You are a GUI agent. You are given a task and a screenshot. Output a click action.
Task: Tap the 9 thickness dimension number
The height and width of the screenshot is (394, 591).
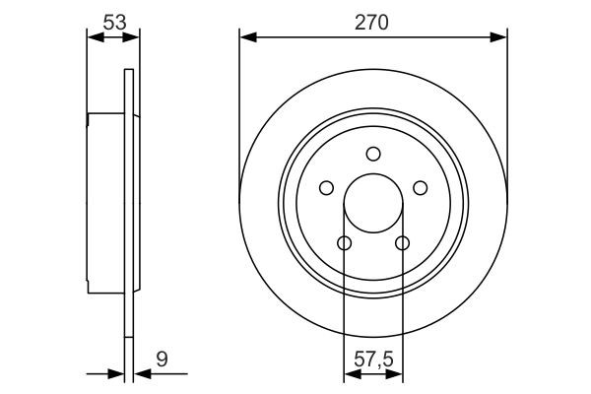click(161, 360)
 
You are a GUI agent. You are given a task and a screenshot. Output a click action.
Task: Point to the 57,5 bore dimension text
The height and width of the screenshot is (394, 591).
click(373, 360)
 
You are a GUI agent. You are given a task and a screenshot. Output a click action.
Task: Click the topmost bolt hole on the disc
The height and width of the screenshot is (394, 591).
click(372, 153)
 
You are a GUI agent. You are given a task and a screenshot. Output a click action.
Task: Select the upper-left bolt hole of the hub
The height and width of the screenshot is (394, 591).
click(325, 188)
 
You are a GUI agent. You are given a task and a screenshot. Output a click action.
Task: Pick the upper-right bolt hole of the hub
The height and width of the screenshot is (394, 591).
click(421, 188)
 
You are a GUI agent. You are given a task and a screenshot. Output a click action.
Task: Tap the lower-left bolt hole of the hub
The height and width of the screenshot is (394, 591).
click(344, 243)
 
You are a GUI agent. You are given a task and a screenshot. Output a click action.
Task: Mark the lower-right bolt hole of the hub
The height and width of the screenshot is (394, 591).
click(402, 243)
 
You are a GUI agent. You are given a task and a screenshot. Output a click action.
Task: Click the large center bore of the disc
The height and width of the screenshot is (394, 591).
click(372, 203)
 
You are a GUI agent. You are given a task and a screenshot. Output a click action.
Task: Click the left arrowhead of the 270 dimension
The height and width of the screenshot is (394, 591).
click(247, 37)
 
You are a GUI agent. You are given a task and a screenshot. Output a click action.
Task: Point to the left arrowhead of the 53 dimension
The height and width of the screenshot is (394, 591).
click(95, 37)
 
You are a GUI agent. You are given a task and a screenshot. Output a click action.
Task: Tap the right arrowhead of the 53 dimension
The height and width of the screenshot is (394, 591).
click(132, 37)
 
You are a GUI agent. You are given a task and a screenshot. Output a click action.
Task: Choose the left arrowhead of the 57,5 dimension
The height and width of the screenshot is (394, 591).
click(350, 374)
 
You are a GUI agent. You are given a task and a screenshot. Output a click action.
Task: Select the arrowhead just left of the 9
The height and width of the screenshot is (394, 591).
click(137, 374)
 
